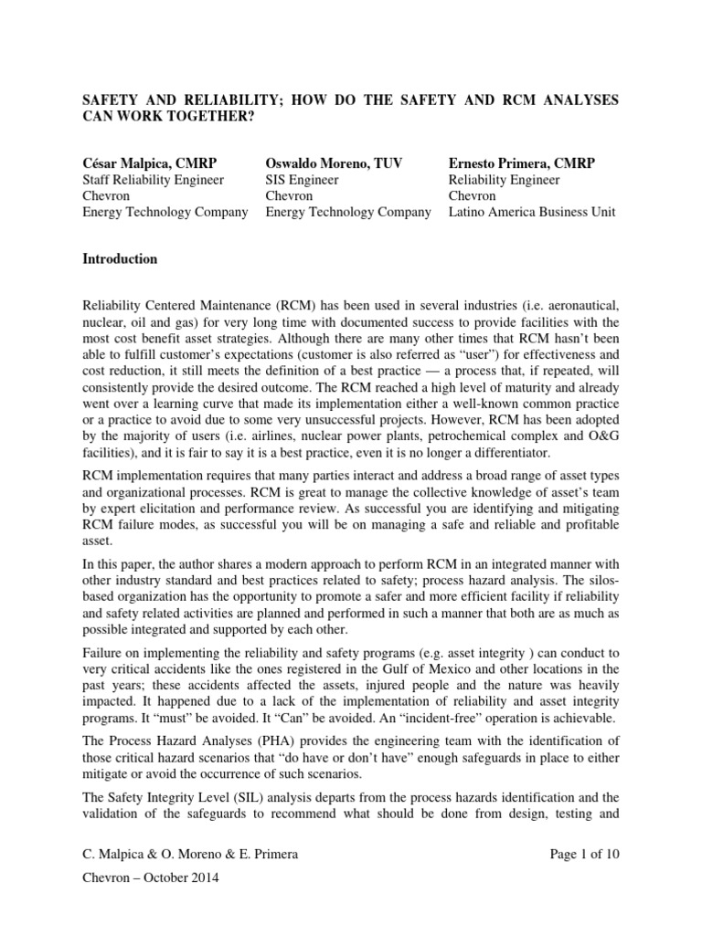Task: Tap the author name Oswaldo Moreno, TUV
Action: (x=333, y=163)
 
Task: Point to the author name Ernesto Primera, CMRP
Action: (x=521, y=163)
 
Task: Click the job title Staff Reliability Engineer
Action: (x=153, y=180)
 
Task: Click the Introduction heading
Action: (x=120, y=259)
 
